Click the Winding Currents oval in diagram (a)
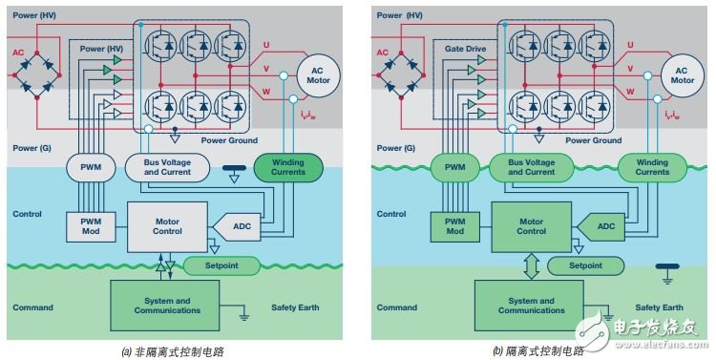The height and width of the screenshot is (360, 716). pyautogui.click(x=288, y=168)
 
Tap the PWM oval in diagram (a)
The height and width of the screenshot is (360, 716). pyautogui.click(x=91, y=168)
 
